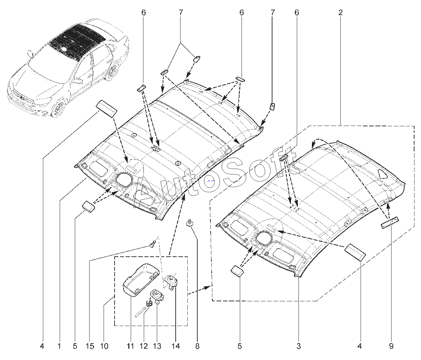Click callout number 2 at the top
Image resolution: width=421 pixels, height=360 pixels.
pyautogui.click(x=340, y=13)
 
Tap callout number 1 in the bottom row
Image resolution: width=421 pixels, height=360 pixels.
pyautogui.click(x=59, y=346)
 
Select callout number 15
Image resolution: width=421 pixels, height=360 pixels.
pyautogui.click(x=90, y=346)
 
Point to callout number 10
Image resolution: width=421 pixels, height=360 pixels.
pyautogui.click(x=104, y=346)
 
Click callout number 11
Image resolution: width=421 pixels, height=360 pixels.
pyautogui.click(x=130, y=346)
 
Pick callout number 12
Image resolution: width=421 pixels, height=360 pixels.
pyautogui.click(x=143, y=346)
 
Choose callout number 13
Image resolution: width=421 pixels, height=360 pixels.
pyautogui.click(x=156, y=346)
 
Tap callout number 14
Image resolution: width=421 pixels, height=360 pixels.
pyautogui.click(x=176, y=346)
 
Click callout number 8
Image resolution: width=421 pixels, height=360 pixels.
pyautogui.click(x=197, y=346)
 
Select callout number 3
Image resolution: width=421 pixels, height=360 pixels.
pyautogui.click(x=299, y=346)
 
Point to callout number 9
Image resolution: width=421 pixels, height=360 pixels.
pyautogui.click(x=391, y=346)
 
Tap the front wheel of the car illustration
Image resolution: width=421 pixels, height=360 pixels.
pyautogui.click(x=59, y=108)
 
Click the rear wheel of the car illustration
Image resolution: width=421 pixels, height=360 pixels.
pyautogui.click(x=111, y=71)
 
